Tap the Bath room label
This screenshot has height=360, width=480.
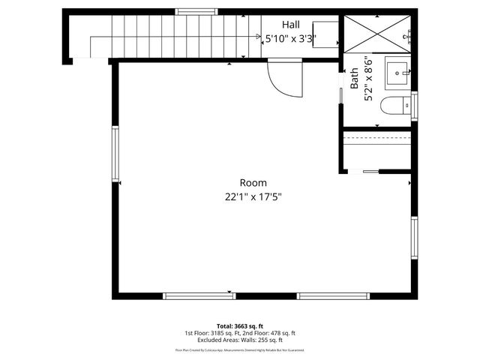pos(354,79)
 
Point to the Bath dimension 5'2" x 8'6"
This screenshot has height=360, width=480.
pos(367,79)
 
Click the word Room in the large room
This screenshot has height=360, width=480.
pos(253,182)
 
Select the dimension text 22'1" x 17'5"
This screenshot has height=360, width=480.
pos(253,196)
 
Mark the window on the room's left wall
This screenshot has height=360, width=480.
pos(115,154)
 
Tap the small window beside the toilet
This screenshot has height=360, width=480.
pos(413,106)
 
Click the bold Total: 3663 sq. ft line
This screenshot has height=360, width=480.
pos(240,326)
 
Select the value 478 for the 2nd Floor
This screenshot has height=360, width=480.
pos(274,333)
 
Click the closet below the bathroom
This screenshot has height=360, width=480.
pos(377,151)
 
